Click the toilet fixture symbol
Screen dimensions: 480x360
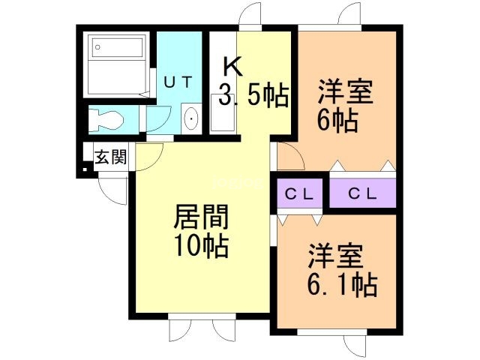tap(106, 118)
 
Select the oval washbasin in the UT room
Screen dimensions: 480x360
tap(191, 118)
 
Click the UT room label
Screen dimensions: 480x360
tap(178, 82)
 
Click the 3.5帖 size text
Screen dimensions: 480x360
tap(253, 94)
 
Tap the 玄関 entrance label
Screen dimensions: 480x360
tap(111, 157)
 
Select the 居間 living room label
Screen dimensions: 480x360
tap(201, 217)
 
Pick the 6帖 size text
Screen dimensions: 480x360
tap(337, 120)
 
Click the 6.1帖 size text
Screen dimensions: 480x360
tap(342, 285)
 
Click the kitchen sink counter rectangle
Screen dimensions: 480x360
tap(223, 112)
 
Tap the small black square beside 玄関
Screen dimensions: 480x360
tap(85, 169)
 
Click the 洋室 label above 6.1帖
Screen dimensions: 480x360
tap(336, 256)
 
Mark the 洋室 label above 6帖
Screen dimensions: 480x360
tap(345, 91)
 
